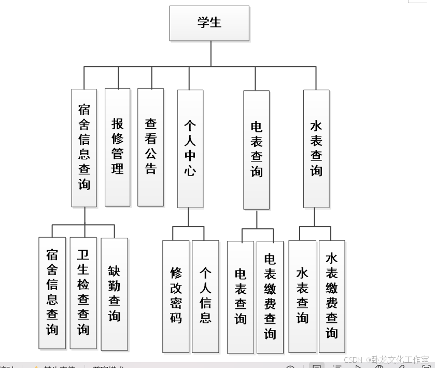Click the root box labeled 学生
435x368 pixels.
tap(209, 23)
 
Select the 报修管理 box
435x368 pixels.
tap(118, 147)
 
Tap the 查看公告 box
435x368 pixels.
tap(150, 147)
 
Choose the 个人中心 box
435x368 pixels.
tap(190, 148)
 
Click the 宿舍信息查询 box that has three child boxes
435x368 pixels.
tap(84, 148)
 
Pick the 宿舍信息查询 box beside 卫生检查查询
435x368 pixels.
tap(52, 293)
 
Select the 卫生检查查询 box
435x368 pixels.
tap(83, 293)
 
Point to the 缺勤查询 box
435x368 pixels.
tap(114, 294)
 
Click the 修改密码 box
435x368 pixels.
tap(176, 296)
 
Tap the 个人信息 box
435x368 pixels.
tap(205, 296)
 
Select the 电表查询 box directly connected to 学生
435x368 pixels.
tap(257, 149)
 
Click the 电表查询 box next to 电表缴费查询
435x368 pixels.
tap(241, 297)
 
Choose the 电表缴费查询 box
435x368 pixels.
tap(270, 297)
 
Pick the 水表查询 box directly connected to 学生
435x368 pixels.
tap(316, 148)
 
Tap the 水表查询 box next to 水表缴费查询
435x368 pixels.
tap(302, 296)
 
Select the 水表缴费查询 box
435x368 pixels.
tap(332, 296)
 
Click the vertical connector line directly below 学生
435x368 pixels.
tap(211, 53)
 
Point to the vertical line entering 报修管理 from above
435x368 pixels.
tap(118, 77)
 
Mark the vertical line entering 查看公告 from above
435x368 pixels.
tap(151, 77)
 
